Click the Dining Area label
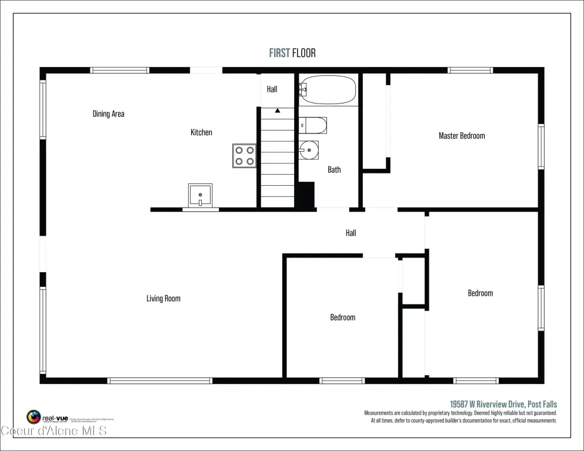pyautogui.click(x=109, y=114)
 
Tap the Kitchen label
pyautogui.click(x=201, y=133)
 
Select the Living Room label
pyautogui.click(x=163, y=299)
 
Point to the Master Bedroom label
pyautogui.click(x=462, y=136)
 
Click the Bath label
pyautogui.click(x=334, y=170)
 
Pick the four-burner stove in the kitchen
pyautogui.click(x=244, y=155)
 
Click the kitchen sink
pyautogui.click(x=200, y=194)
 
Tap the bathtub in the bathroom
pyautogui.click(x=328, y=89)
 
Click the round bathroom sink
pyautogui.click(x=308, y=151)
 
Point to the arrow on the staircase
pyautogui.click(x=278, y=110)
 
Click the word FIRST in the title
pyautogui.click(x=279, y=53)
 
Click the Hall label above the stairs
pyautogui.click(x=272, y=89)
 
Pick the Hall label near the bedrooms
pyautogui.click(x=351, y=233)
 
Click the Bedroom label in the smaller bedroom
pyautogui.click(x=342, y=318)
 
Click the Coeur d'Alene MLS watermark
pyautogui.click(x=54, y=431)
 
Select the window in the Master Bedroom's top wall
pyautogui.click(x=470, y=71)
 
